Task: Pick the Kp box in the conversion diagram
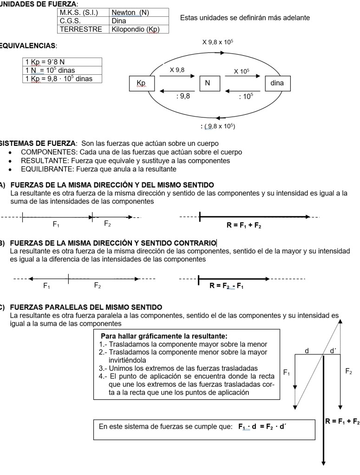[141, 83]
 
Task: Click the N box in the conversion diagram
[208, 83]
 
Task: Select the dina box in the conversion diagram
[277, 83]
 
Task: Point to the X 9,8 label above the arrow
[177, 70]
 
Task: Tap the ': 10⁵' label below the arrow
[246, 96]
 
